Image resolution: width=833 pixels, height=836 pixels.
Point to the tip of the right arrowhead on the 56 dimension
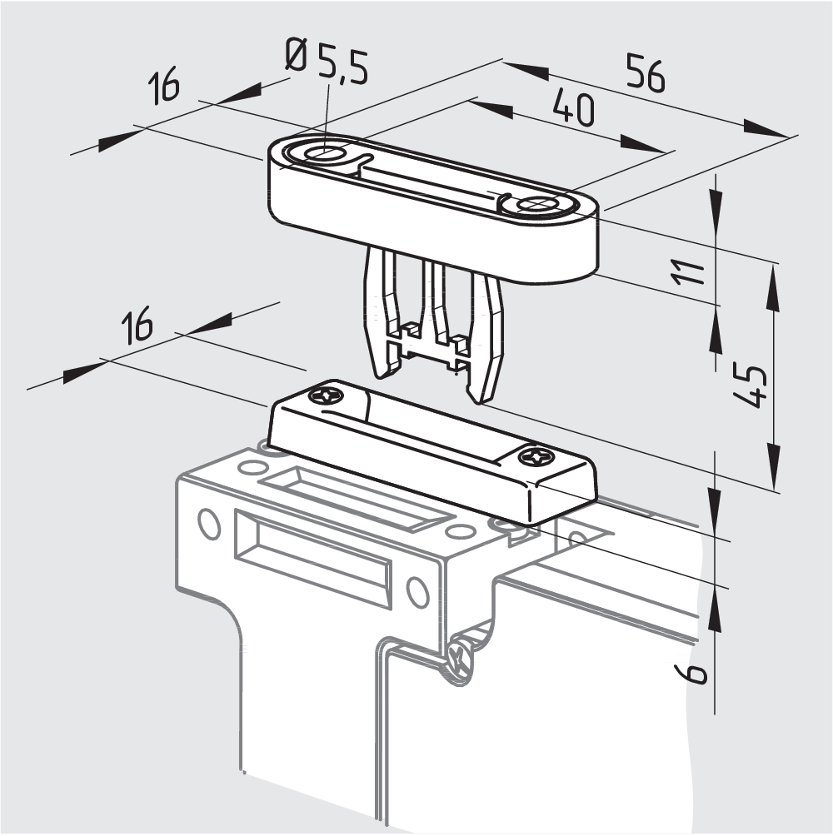click(x=788, y=137)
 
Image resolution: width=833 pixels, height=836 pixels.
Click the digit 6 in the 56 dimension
click(x=656, y=77)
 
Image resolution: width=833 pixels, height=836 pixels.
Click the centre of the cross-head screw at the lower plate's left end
click(x=327, y=396)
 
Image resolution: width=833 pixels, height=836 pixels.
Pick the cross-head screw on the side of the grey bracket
click(x=458, y=659)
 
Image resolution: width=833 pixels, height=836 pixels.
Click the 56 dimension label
click(x=646, y=72)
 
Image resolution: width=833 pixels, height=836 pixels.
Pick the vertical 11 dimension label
click(x=689, y=272)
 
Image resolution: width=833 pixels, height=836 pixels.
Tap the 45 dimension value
click(x=750, y=386)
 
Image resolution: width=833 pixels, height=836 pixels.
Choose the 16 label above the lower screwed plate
click(x=137, y=324)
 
